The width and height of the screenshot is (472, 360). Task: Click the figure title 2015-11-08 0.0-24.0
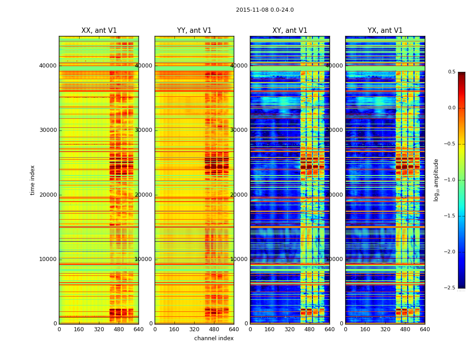pos(265,10)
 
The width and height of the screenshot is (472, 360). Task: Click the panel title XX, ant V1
pos(99,31)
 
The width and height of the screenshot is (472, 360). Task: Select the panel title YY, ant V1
pos(194,31)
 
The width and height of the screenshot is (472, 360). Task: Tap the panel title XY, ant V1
pos(290,31)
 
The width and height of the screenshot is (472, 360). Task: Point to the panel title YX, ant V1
pos(385,31)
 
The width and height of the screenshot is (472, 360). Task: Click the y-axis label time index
pos(32,180)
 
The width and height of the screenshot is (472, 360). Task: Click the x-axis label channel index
pos(214,338)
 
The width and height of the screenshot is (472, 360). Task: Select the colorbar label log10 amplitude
pos(436,180)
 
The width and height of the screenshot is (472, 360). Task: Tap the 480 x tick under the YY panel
pos(214,329)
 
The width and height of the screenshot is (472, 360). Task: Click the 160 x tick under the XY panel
pos(270,329)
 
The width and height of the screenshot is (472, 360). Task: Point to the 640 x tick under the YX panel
pos(425,329)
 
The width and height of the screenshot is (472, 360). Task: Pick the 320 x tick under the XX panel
pos(99,329)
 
